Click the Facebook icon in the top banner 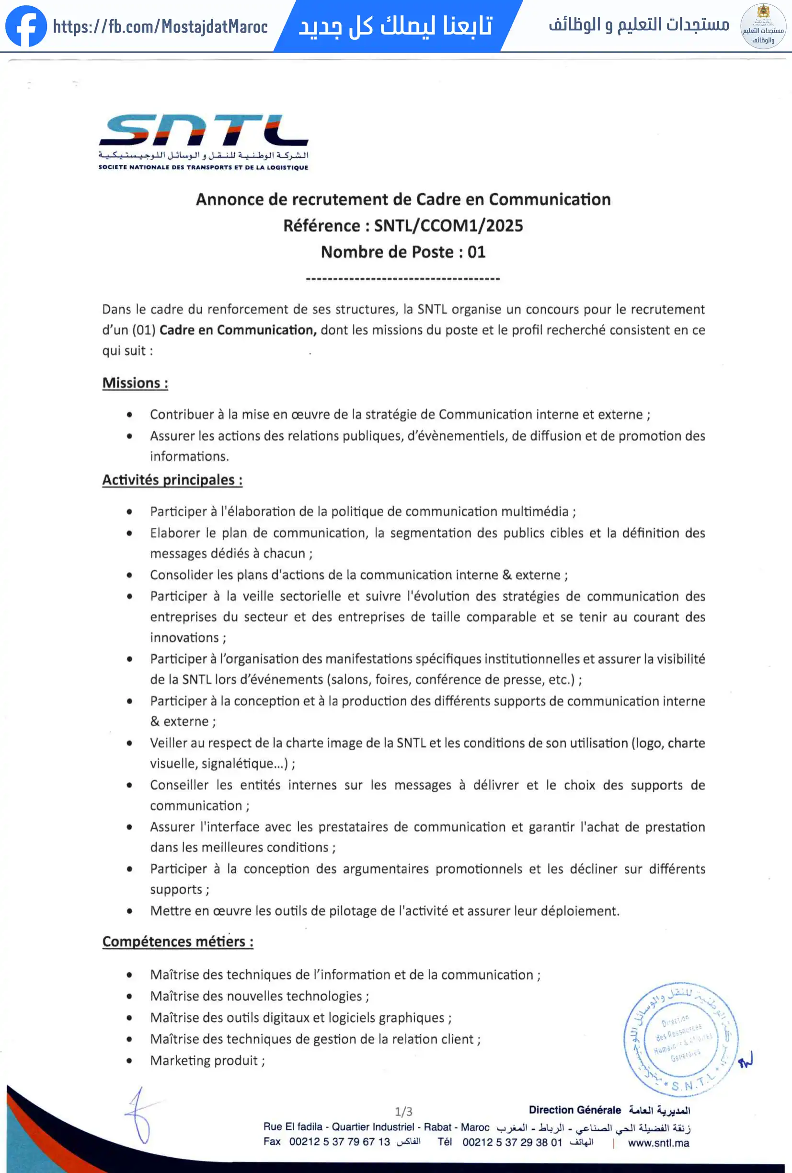tap(26, 26)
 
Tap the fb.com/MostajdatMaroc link tap(160, 26)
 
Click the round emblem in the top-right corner tap(763, 26)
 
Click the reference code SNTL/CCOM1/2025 tap(448, 226)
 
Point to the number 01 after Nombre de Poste tap(476, 252)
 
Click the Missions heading tap(135, 383)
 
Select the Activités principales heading tap(172, 480)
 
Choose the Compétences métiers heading tap(178, 942)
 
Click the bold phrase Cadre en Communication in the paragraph tap(238, 330)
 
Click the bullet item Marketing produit tap(207, 1060)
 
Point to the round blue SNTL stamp tap(680, 1039)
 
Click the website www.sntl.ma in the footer tap(658, 1143)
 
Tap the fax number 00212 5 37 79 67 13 tap(339, 1142)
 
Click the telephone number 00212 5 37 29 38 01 tap(512, 1142)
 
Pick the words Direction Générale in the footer tap(574, 1110)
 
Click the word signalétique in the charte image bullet tap(237, 764)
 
